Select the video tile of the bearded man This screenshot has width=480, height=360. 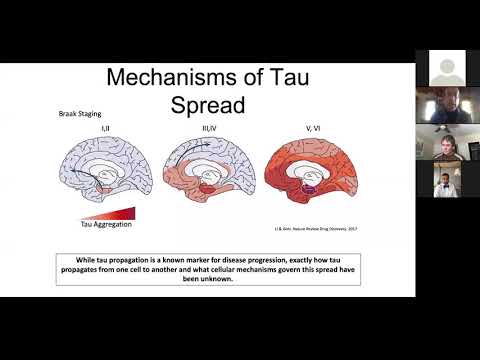pos(443,105)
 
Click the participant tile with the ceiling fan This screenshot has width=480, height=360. pos(443,142)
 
